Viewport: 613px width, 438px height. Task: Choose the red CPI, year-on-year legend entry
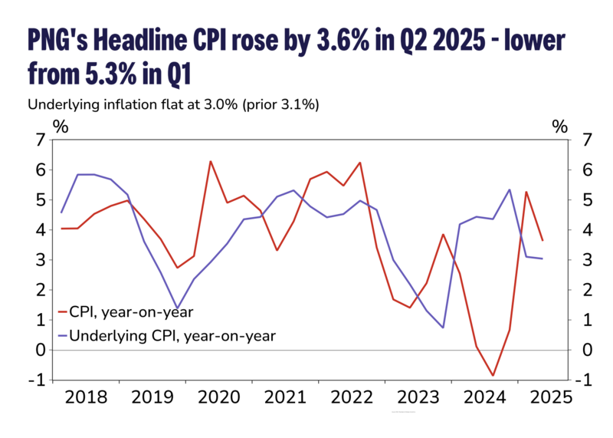(x=126, y=311)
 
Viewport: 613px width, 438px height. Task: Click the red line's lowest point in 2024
(x=493, y=376)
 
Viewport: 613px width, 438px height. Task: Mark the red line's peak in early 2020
(x=211, y=161)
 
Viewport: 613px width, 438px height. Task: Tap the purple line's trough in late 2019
(x=178, y=308)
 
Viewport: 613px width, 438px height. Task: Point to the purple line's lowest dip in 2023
(x=443, y=328)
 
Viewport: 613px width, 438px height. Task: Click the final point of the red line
(x=543, y=240)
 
